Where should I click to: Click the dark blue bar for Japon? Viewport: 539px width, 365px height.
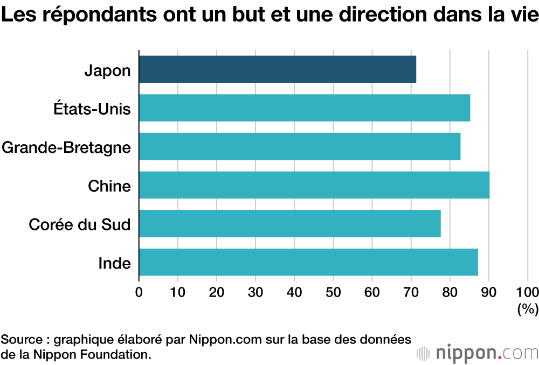tap(277, 69)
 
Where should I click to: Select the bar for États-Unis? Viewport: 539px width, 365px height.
tap(305, 108)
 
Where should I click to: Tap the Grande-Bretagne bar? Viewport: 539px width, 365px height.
tap(300, 146)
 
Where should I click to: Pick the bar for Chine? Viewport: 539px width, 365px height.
tap(314, 185)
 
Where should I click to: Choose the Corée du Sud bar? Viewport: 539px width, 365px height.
tap(290, 223)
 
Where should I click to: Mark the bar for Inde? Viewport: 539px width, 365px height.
tap(308, 262)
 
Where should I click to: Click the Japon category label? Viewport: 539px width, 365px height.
tap(108, 71)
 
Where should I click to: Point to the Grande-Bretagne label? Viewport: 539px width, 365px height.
tap(66, 148)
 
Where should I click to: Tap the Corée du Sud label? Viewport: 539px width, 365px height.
tap(80, 224)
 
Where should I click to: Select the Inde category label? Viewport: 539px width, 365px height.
tap(115, 263)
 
